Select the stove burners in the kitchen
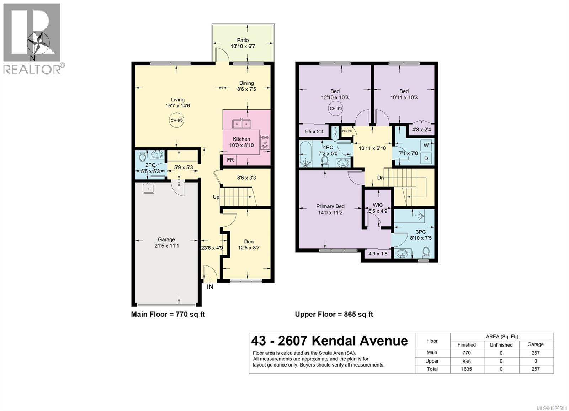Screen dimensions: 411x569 click(265, 142)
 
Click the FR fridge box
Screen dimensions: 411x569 click(230, 160)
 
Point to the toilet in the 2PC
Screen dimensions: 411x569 click(143, 156)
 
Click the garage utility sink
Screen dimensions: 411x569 click(148, 188)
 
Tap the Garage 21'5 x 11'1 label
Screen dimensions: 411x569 click(166, 243)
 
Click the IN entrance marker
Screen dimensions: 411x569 click(210, 286)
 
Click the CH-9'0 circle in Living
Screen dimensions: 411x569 click(177, 120)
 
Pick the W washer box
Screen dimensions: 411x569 click(426, 146)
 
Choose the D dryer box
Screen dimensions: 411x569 click(426, 158)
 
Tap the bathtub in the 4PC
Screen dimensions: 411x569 click(305, 154)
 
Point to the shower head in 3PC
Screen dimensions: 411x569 click(421, 215)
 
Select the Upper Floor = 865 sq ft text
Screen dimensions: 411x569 click(334, 314)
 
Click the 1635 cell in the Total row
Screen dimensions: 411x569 click(466, 369)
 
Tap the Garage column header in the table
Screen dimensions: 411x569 click(535, 344)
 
